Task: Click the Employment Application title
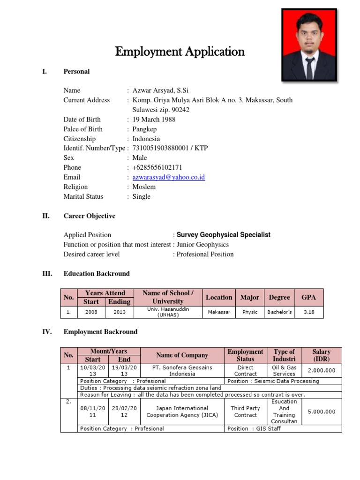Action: tap(180, 51)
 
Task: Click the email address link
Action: tap(169, 177)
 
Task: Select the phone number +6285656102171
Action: tap(157, 167)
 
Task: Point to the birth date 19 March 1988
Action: tap(154, 120)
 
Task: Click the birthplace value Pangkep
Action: tap(145, 129)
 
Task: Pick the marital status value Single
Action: tap(142, 196)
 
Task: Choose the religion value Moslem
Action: tap(144, 187)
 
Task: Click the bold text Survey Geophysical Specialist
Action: tap(224, 235)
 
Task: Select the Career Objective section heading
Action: tap(89, 216)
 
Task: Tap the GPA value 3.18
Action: tap(309, 312)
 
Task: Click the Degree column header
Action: tap(279, 297)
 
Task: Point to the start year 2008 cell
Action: tap(91, 312)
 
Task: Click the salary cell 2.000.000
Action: tap(322, 371)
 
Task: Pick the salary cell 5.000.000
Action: tap(322, 412)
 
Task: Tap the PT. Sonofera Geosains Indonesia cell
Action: tap(182, 371)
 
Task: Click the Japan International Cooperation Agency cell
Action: tap(182, 412)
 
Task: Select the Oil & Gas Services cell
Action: tap(284, 371)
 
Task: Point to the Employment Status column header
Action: tap(245, 355)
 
